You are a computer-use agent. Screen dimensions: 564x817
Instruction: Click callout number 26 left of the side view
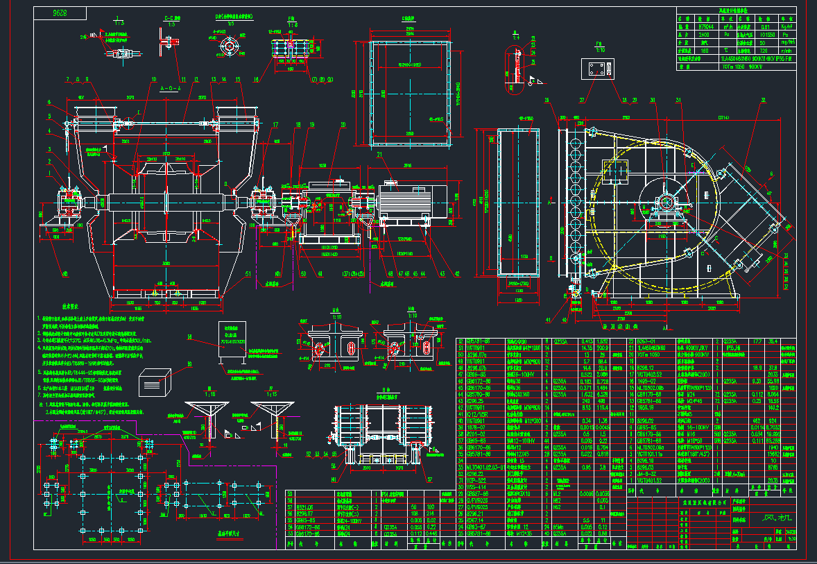pyautogui.click(x=547, y=99)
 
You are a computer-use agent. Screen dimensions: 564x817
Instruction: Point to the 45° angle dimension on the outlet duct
pyautogui.click(x=746, y=168)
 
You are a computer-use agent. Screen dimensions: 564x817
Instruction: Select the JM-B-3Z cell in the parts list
pyautogui.click(x=647, y=473)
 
